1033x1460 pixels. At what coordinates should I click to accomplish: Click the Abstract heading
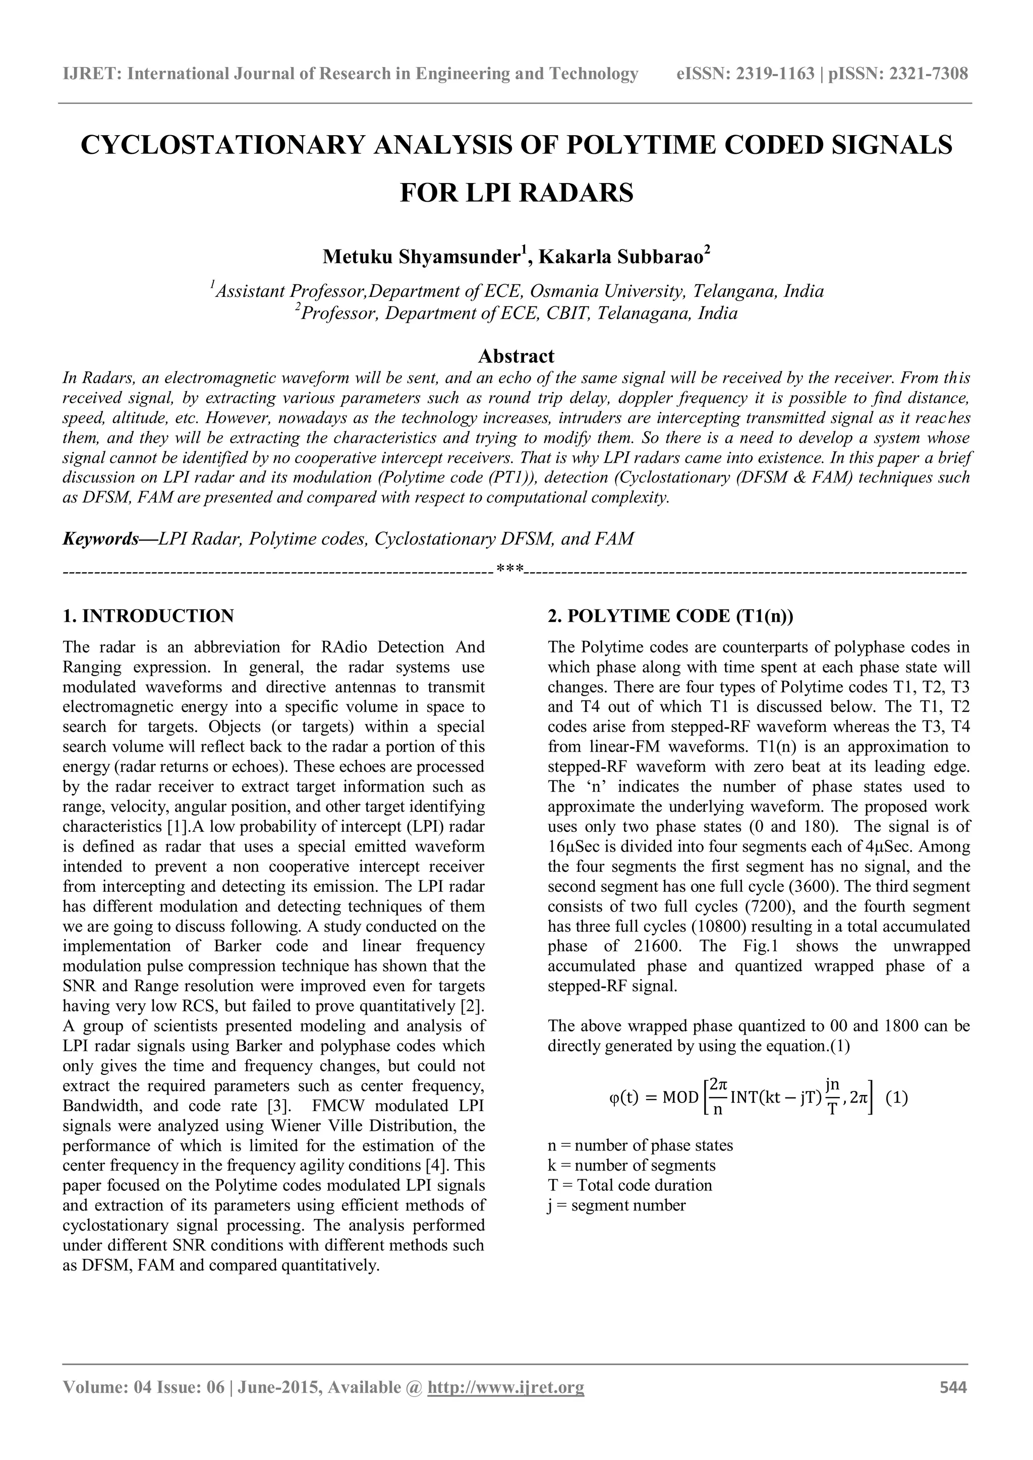pyautogui.click(x=516, y=355)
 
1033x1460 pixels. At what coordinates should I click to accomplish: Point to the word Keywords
pyautogui.click(x=100, y=539)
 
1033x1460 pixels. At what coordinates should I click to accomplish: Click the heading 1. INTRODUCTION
pyautogui.click(x=148, y=616)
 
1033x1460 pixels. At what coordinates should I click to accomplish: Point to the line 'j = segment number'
pyautogui.click(x=616, y=1205)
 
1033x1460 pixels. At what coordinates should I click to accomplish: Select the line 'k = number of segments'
pyautogui.click(x=631, y=1166)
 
